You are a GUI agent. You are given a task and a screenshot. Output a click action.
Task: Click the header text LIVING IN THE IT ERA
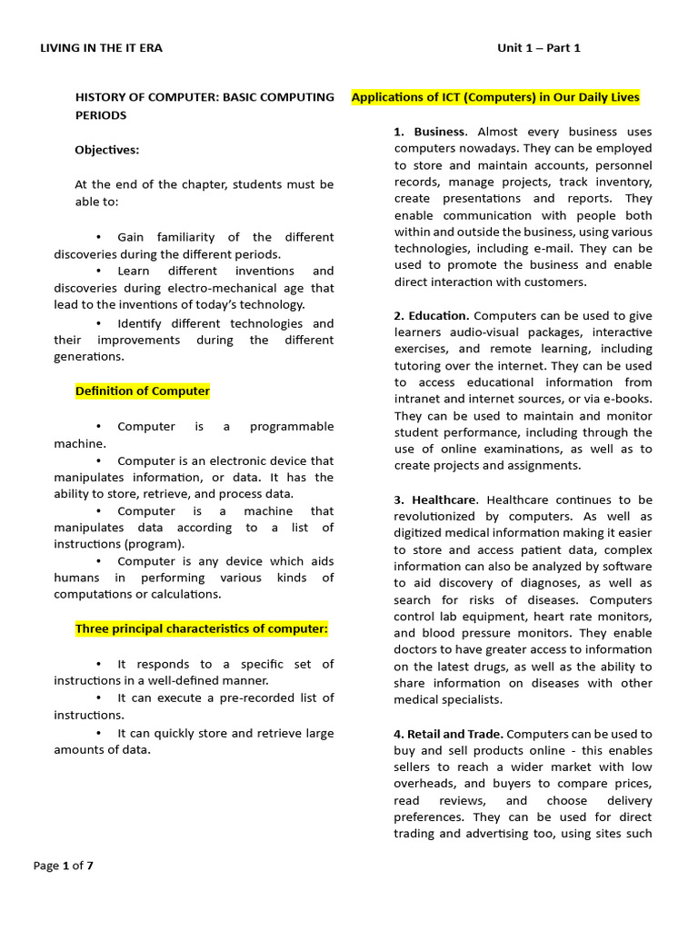pos(101,48)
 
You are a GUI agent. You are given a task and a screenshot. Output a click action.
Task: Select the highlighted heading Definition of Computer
pos(142,391)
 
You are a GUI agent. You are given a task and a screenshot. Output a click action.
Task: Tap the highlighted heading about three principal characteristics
pos(201,628)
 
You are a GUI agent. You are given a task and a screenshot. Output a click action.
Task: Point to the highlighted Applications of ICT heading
pos(495,97)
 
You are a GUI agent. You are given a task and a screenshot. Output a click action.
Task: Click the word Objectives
pos(107,150)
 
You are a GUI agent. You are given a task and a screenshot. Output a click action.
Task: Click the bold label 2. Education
pos(432,316)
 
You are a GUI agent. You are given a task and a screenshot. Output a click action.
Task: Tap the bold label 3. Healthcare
pos(434,500)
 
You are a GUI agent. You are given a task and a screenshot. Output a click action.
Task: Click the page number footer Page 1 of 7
pos(64,866)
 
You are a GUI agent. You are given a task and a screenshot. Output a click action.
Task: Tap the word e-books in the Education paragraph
pos(629,399)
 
